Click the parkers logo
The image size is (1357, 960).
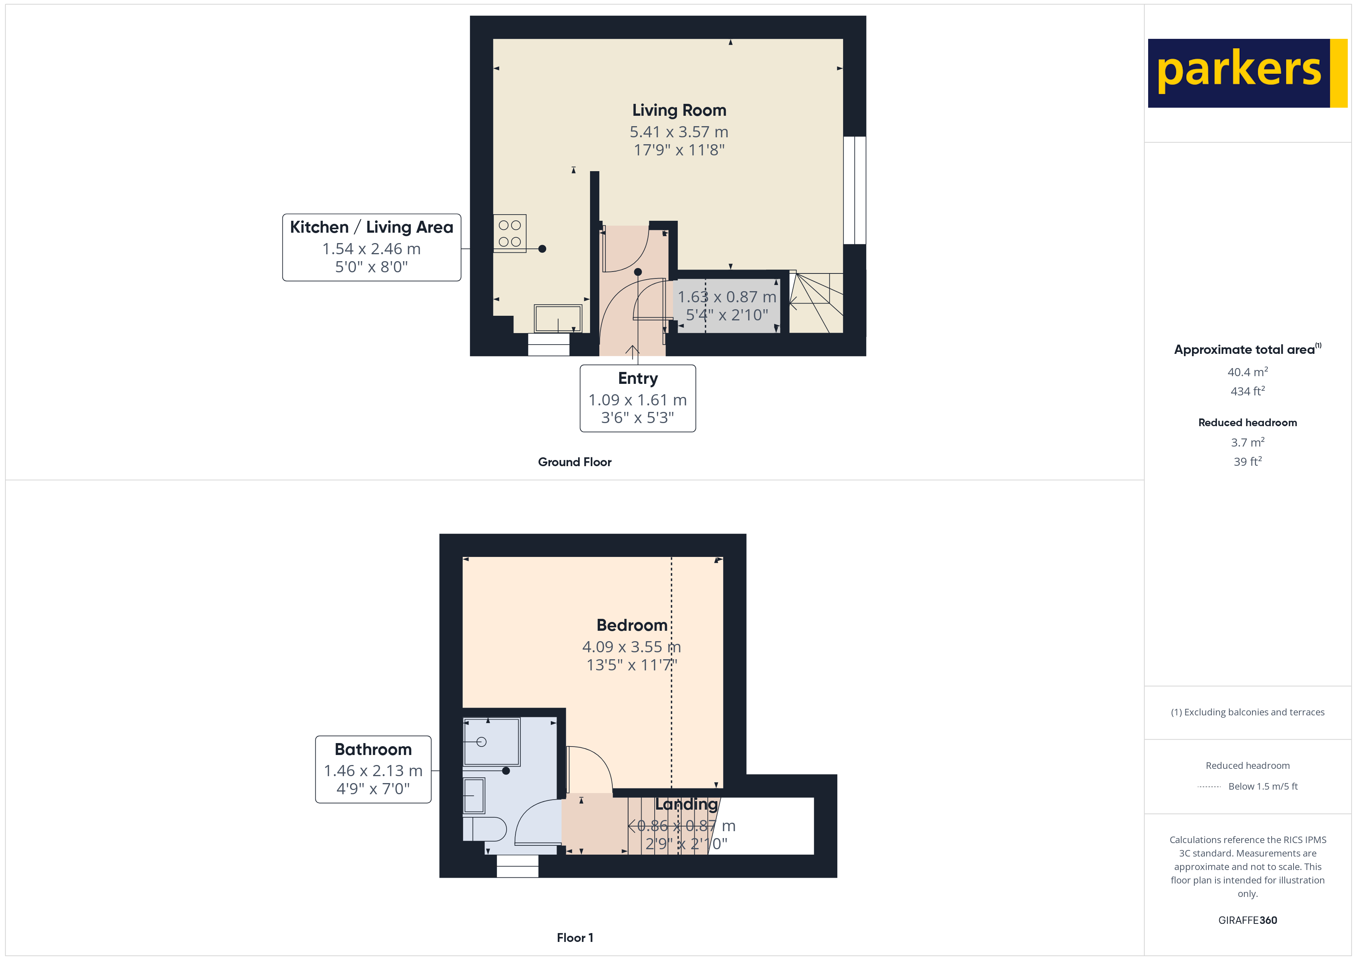pos(1247,73)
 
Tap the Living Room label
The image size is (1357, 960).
pos(679,110)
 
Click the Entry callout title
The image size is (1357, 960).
pos(638,378)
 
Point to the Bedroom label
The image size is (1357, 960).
pos(632,625)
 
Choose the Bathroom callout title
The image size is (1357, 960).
pos(373,750)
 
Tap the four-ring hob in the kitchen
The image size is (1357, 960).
pos(510,233)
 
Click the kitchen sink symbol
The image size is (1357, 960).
pos(558,318)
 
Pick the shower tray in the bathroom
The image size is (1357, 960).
pos(492,742)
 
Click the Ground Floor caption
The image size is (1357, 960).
pos(575,462)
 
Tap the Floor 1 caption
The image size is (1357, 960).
pos(575,938)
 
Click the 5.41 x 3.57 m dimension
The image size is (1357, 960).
pos(679,132)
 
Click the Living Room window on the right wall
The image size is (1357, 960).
pos(855,190)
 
